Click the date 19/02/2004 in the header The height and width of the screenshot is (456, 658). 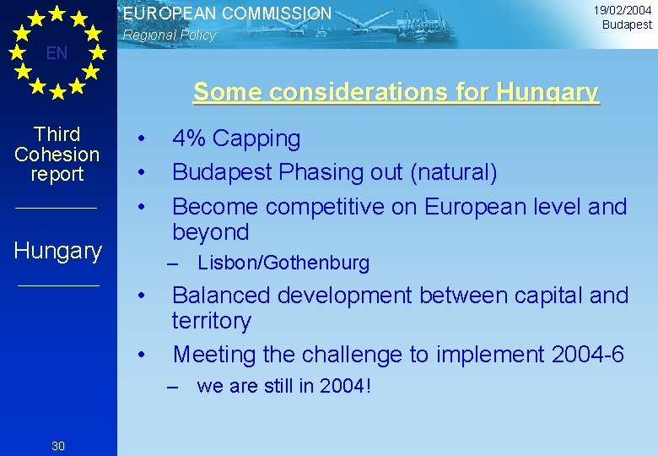point(623,10)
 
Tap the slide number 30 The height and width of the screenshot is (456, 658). point(58,446)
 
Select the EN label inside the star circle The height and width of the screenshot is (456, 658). point(57,54)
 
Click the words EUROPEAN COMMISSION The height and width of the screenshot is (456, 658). point(228,14)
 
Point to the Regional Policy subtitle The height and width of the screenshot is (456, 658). point(170,35)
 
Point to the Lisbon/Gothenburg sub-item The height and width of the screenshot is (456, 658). point(283,263)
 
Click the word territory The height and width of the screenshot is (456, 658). point(211,322)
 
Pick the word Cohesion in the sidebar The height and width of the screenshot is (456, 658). point(57,155)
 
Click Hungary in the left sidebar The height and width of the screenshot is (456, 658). point(58,251)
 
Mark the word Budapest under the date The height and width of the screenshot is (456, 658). point(627,24)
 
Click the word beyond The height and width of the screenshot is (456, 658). point(211,233)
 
